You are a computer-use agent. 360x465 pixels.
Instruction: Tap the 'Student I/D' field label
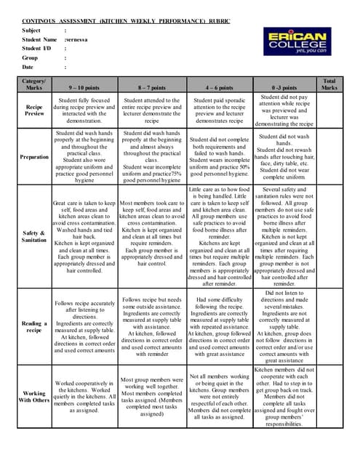point(36,48)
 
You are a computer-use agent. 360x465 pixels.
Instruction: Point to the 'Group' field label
point(30,57)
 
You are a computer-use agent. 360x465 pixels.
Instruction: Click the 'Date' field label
point(29,66)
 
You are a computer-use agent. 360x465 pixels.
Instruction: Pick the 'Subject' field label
point(31,31)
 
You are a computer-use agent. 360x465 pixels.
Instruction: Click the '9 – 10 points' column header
point(84,87)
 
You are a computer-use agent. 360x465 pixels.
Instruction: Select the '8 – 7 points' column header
point(151,87)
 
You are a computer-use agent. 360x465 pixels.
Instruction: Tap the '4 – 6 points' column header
point(219,87)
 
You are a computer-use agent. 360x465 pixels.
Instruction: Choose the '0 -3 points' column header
point(284,87)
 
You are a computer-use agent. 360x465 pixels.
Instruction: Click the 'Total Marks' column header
point(329,84)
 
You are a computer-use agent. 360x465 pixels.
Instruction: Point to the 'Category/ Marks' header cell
point(34,84)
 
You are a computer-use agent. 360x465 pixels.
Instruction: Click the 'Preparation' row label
point(34,155)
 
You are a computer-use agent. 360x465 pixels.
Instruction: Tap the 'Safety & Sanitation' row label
point(34,237)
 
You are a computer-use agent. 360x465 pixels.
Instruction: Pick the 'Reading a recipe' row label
point(34,327)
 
